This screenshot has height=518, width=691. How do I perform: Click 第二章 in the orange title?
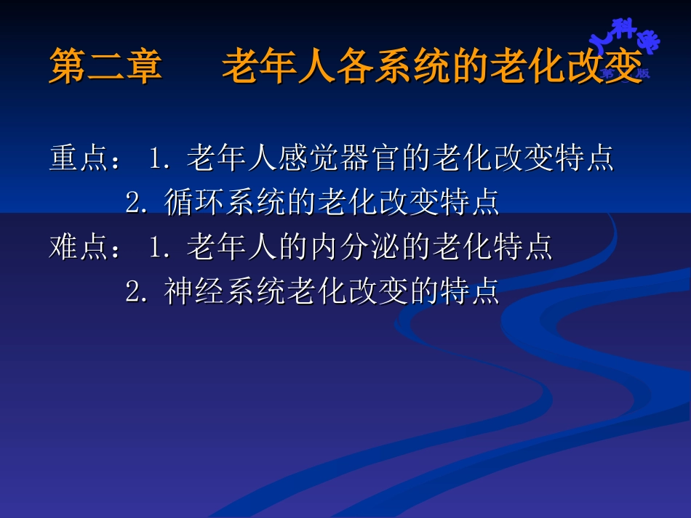(x=105, y=68)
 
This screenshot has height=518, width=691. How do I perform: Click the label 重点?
(x=79, y=158)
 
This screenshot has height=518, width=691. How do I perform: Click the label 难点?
(x=79, y=248)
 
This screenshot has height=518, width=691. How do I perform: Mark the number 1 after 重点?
(x=155, y=158)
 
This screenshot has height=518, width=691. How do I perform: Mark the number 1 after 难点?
(x=155, y=248)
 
